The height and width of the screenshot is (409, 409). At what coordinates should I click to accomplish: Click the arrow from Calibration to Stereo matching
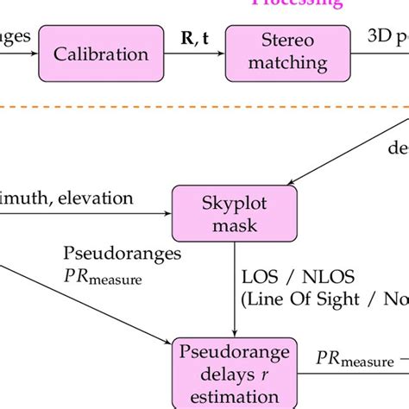point(195,53)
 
